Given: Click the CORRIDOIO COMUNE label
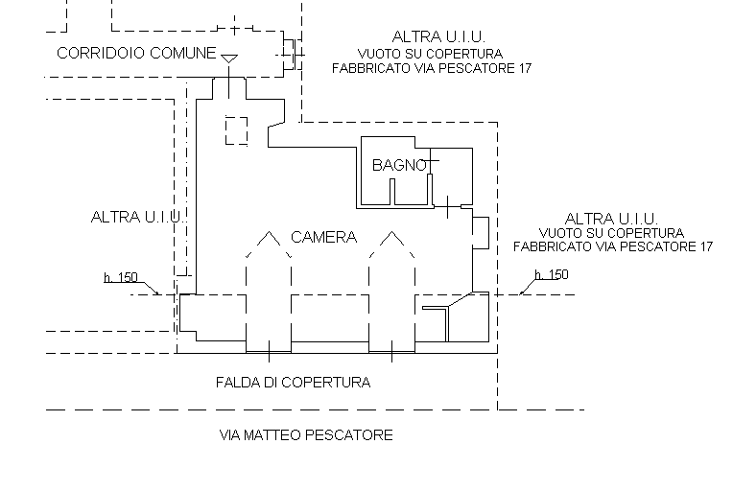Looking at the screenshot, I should pos(136,54).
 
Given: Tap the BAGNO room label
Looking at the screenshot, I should pos(399,165).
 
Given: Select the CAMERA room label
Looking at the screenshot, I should pos(323,237).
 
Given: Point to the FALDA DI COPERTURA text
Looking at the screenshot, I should pos(293,382).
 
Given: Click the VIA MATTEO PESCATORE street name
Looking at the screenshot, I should pos(306,435).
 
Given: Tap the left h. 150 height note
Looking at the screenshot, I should pos(121,278).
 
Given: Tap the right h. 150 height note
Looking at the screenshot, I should pos(551,275).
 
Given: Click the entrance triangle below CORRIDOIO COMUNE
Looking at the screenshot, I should pos(228,59).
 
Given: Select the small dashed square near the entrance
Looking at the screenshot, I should pos(237,129).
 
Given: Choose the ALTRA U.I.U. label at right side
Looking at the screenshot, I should pos(611,218).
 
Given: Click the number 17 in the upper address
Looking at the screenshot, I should pos(523,69).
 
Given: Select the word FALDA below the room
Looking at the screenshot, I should pos(235,382).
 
